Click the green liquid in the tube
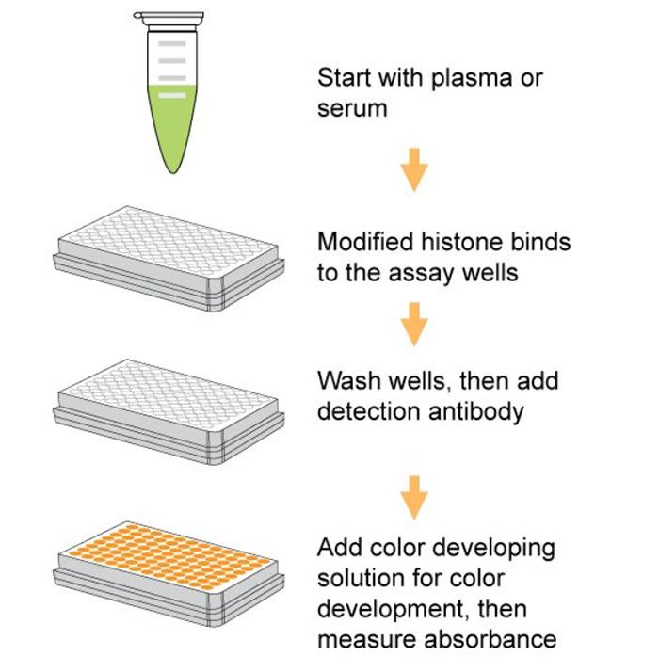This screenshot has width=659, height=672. [x=169, y=122]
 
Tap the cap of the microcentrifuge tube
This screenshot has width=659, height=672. [x=169, y=17]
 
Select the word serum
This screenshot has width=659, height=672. [x=352, y=108]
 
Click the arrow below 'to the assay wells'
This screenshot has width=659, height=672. [x=414, y=325]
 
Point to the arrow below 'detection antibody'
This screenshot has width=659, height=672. [x=414, y=496]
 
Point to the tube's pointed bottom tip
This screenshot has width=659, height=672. [x=169, y=169]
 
